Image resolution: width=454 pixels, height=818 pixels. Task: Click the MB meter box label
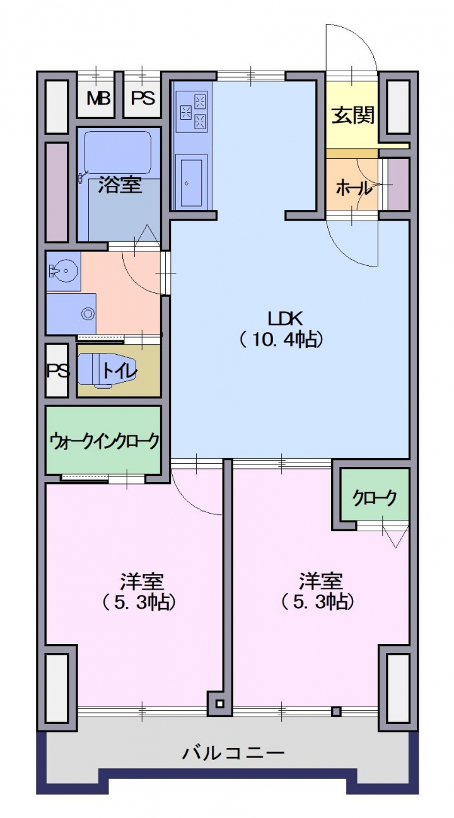point(98,98)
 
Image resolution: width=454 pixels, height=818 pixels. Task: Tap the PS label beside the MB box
point(143,98)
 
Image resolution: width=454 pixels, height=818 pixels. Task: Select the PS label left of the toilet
point(58,371)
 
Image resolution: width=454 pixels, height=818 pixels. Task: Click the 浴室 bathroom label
point(120,185)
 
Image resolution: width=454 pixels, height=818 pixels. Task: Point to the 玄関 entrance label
point(353,115)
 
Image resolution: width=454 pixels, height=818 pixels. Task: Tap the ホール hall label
point(354,188)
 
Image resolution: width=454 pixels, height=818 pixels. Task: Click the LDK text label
point(286,319)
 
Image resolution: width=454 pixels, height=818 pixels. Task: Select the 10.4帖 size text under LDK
point(282,340)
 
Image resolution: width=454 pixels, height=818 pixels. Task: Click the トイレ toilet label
point(119,371)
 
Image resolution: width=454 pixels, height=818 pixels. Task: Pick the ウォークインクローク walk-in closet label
point(105,441)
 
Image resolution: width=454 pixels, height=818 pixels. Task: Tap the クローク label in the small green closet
point(375,498)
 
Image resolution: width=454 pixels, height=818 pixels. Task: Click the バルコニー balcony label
point(233,753)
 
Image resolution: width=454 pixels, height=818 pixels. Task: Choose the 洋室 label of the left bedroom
point(142,582)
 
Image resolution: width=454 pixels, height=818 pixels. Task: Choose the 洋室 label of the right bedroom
point(321,582)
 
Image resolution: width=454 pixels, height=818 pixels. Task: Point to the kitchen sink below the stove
point(191,183)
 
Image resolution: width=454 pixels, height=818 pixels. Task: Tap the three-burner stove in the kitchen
point(192,112)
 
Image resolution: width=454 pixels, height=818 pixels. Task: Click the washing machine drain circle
point(88,314)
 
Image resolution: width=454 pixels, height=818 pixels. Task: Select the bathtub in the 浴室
point(118,153)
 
